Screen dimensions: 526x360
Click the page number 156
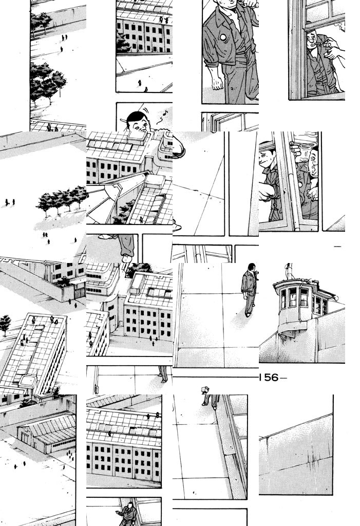click(269, 378)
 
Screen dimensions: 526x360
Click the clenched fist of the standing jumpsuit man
click(217, 83)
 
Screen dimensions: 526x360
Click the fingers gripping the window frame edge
click(294, 146)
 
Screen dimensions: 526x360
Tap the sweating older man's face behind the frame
click(312, 163)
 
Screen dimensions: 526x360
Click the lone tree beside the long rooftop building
click(5, 323)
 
